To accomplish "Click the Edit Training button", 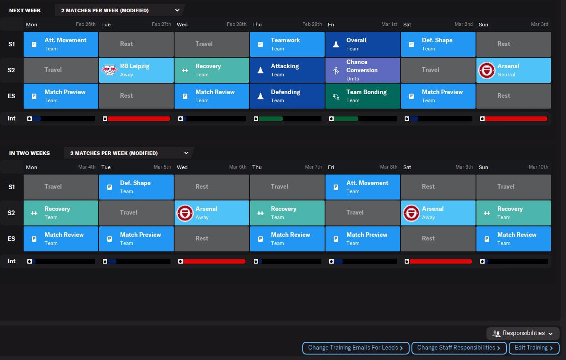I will (x=534, y=348).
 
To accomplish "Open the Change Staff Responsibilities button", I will (x=459, y=348).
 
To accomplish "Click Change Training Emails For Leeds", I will (x=356, y=348).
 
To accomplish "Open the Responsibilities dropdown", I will (x=523, y=334).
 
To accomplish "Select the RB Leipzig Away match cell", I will (x=136, y=70).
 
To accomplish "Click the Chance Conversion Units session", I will (x=362, y=70).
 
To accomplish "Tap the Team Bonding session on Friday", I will (x=362, y=96).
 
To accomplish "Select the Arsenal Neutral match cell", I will (x=513, y=70).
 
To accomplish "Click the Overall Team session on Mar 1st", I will (x=362, y=44).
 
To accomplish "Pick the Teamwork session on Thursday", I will (x=287, y=44).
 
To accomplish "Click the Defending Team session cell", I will (x=287, y=96).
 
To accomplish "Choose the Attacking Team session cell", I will (x=287, y=70).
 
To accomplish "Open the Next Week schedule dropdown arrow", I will (x=177, y=10).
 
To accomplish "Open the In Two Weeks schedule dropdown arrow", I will (x=186, y=153).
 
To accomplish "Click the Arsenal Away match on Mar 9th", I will (x=438, y=213).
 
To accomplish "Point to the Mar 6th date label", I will (x=237, y=167).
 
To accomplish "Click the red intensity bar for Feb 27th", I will (x=139, y=119).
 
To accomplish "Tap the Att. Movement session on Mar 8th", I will (x=362, y=187).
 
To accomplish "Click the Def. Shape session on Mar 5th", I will (x=136, y=187).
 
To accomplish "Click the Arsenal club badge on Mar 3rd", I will (x=487, y=70).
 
